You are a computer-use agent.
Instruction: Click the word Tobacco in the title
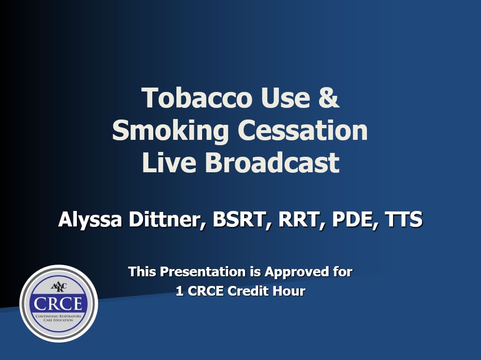197,98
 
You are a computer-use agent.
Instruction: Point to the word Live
169,162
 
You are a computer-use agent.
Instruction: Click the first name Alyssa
90,220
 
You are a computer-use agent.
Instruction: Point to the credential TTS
404,220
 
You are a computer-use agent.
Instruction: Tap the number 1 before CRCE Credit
180,291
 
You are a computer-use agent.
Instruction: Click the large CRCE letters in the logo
58,304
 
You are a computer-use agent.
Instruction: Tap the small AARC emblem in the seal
58,287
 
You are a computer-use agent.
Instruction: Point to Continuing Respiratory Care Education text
58,318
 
